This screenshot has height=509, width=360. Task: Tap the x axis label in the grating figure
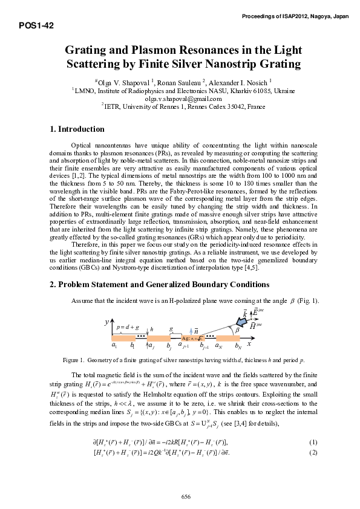[248, 342]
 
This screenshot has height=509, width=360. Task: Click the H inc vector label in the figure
[256, 326]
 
